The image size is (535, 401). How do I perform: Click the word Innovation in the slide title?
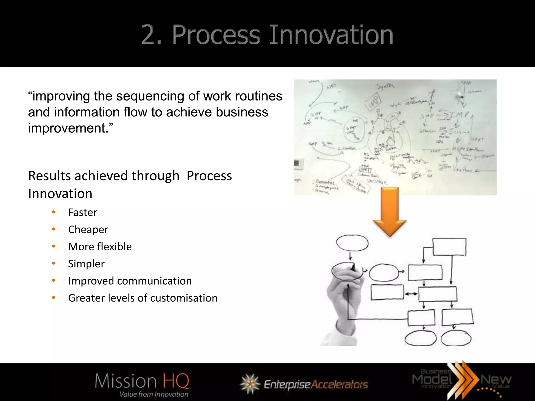(331, 35)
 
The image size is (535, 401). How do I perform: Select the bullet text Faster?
(83, 213)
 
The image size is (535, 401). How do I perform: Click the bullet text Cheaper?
(88, 230)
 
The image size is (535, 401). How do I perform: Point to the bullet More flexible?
(100, 247)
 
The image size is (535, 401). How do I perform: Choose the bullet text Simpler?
(86, 264)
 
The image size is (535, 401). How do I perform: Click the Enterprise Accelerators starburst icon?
(250, 384)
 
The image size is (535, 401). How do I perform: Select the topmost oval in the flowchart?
(352, 243)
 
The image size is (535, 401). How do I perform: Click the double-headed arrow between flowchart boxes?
(411, 294)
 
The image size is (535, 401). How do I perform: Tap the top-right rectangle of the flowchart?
(449, 247)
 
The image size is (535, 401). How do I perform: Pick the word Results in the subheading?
(49, 176)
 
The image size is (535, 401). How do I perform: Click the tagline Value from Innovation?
(154, 394)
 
